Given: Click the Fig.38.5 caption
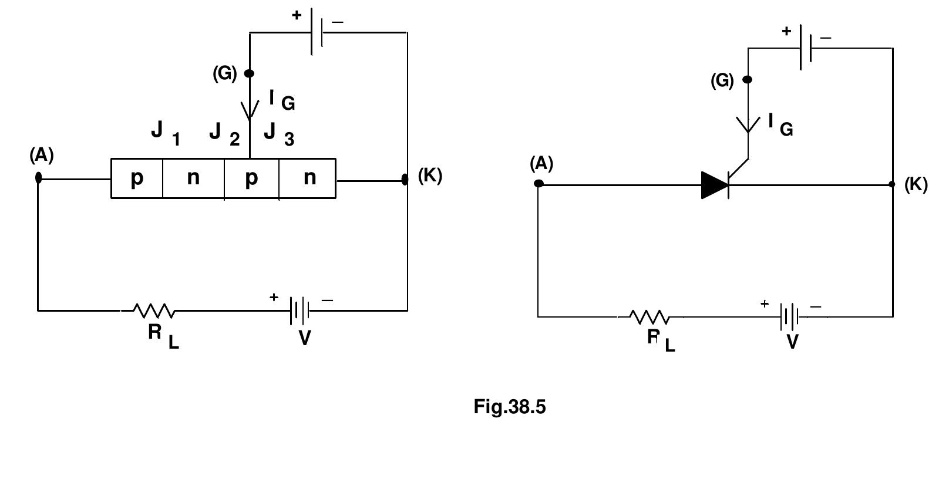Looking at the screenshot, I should [x=509, y=407].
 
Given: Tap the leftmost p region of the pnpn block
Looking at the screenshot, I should [x=136, y=178].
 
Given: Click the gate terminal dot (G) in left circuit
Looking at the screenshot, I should [x=249, y=73].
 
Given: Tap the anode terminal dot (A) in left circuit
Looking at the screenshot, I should [x=39, y=177].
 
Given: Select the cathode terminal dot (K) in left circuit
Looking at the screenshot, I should [x=405, y=179].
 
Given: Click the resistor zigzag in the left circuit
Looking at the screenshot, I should [x=154, y=311].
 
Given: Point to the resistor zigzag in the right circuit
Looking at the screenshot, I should [x=649, y=317].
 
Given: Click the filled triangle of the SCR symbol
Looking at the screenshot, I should [x=714, y=185].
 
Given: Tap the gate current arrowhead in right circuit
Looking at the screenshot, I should [x=748, y=125].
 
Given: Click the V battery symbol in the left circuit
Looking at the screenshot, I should [x=299, y=311].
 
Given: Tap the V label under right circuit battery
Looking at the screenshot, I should [x=792, y=342].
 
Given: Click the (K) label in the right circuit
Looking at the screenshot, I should [x=916, y=184].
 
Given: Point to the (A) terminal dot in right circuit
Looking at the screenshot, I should [x=539, y=184].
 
